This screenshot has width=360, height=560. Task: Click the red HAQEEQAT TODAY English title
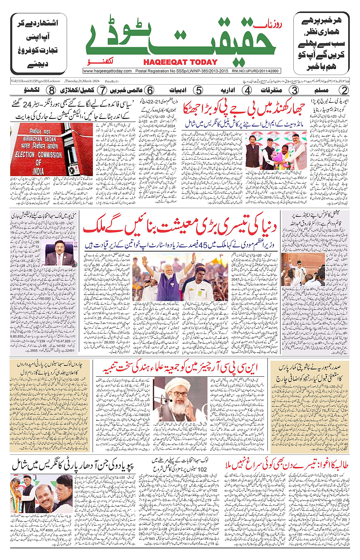click(x=180, y=62)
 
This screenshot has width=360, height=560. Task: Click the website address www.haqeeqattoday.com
click(x=107, y=71)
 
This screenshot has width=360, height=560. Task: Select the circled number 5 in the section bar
click(x=198, y=90)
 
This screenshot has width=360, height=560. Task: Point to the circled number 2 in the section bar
click(x=344, y=90)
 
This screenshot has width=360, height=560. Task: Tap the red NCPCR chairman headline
click(x=180, y=368)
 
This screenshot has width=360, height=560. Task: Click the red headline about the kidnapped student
click(x=286, y=465)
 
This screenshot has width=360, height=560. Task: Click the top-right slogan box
click(x=321, y=43)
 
